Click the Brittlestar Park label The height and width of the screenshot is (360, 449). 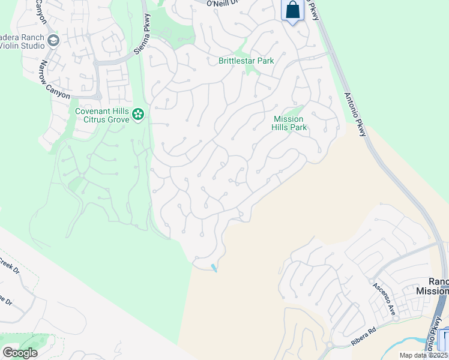click(x=246, y=61)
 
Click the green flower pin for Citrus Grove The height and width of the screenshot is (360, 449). click(x=138, y=114)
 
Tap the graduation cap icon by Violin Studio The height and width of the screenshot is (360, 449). click(x=53, y=41)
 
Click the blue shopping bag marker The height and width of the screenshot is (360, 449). click(x=293, y=10)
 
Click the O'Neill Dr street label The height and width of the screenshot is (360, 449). click(x=223, y=4)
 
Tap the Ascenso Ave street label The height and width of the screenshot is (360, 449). click(x=383, y=300)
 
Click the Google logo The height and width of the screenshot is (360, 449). click(x=19, y=352)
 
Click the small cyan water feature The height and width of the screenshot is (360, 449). click(x=214, y=268)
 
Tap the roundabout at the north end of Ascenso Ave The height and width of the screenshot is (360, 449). click(x=371, y=280)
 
